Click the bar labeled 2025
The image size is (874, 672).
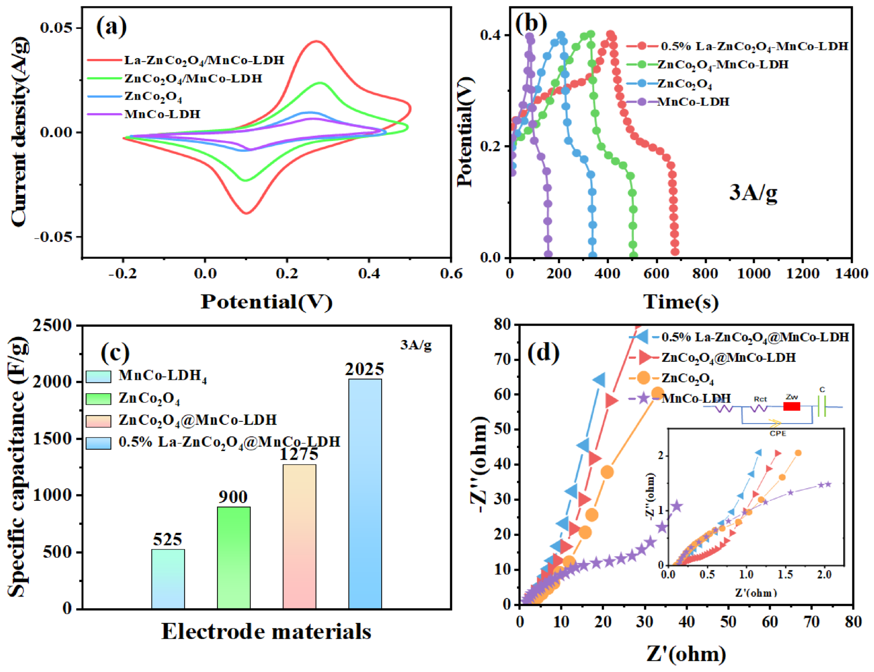point(365,494)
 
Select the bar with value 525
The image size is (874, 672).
point(168,579)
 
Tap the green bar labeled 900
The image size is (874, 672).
point(234,558)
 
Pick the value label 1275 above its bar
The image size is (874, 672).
point(299,454)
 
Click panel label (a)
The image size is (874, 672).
point(112,27)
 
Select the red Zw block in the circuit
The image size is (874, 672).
point(792,406)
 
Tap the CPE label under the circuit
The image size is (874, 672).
point(778,433)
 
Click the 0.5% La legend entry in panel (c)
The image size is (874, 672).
point(213,442)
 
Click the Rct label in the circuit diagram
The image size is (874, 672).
point(760,399)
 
